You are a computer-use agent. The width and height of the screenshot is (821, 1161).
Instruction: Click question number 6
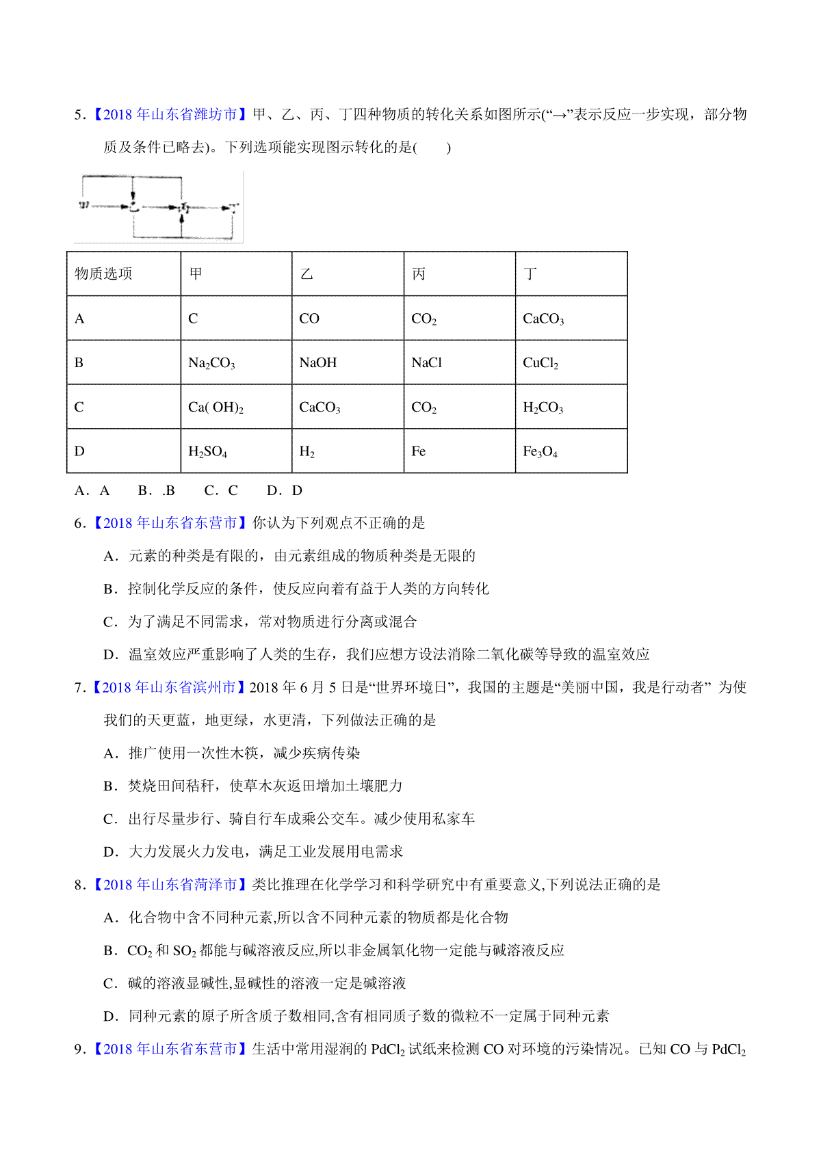click(x=79, y=523)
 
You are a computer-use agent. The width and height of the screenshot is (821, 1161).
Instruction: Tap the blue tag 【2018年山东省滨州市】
click(x=169, y=687)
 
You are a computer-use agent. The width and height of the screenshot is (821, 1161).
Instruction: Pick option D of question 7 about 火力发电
click(x=253, y=851)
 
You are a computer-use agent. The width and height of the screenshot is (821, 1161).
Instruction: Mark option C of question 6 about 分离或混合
click(x=260, y=622)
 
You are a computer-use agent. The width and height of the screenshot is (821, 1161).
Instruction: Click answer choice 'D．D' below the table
click(x=285, y=490)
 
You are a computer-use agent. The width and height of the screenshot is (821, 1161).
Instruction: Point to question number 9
click(x=79, y=1049)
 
